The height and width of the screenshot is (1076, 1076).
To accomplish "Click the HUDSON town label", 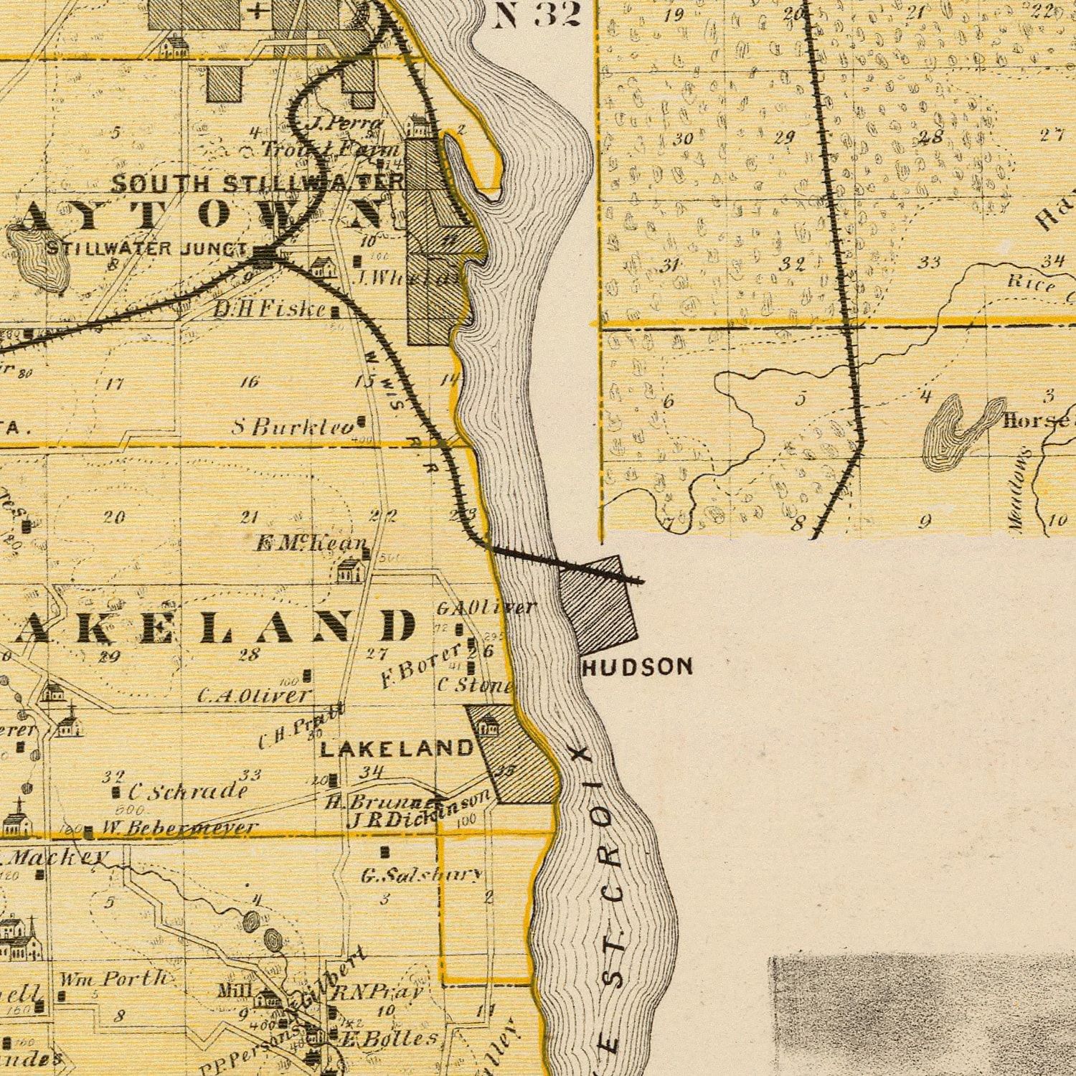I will [x=638, y=667].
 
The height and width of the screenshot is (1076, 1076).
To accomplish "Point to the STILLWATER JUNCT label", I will [x=147, y=249].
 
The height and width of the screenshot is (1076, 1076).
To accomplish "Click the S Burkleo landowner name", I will [x=293, y=428].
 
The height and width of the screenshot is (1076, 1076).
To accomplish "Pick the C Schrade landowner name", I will [x=188, y=791].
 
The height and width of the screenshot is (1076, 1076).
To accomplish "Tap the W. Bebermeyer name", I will [x=179, y=829].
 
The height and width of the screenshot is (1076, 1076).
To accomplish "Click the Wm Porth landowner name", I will [x=113, y=978].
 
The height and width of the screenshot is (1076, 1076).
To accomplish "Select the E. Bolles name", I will [x=387, y=1038].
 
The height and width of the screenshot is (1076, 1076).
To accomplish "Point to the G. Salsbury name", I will [x=420, y=874].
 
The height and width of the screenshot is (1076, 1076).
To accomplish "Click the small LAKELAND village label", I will [x=396, y=749].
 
